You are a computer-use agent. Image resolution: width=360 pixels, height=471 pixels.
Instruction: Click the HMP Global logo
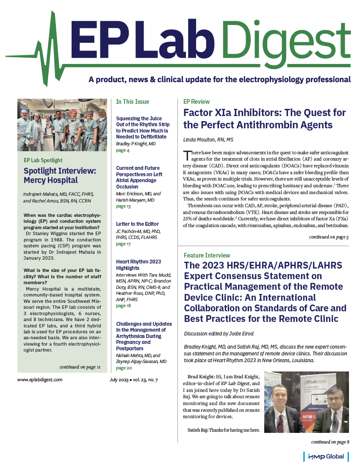(x=327, y=457)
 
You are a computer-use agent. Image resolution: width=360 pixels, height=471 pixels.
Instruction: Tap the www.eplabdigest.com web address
(x=40, y=380)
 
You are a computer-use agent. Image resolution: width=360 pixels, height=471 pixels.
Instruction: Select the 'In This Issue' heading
(x=133, y=102)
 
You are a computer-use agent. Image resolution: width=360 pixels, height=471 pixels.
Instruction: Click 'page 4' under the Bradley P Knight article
(x=123, y=150)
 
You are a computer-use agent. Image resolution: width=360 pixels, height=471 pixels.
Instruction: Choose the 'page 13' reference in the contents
(x=123, y=206)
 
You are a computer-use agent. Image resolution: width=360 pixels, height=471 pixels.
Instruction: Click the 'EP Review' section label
(x=197, y=102)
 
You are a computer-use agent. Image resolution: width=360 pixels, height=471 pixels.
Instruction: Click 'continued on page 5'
(x=329, y=237)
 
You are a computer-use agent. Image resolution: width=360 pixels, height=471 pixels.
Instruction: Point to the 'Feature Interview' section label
(x=207, y=255)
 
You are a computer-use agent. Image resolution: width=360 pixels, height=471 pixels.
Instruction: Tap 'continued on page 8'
(x=330, y=442)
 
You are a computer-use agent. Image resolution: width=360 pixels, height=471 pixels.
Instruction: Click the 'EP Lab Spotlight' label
(x=43, y=161)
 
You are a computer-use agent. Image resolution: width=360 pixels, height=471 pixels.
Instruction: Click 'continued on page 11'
(x=80, y=367)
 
